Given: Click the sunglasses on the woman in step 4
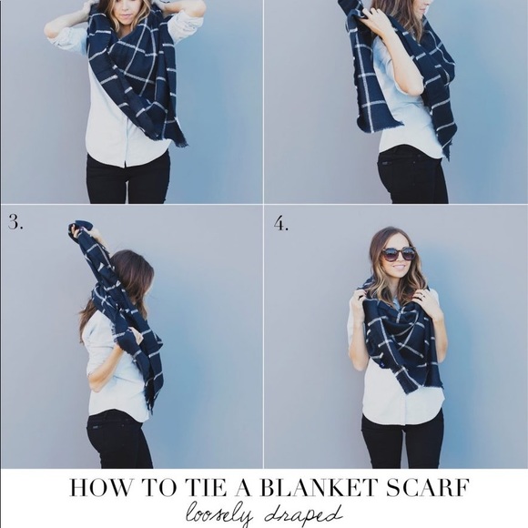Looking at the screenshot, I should pos(398,254).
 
